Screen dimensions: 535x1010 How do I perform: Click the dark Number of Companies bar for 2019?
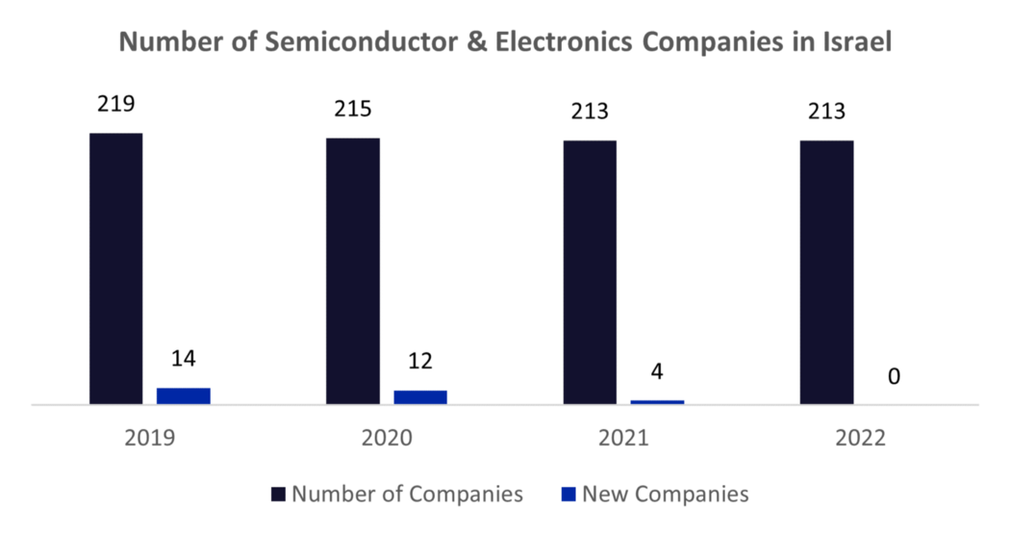coord(115,268)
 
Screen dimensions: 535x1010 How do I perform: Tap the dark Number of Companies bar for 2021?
coord(590,272)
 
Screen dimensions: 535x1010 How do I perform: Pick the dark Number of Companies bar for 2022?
coord(826,272)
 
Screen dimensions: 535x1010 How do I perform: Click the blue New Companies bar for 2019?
coord(183,395)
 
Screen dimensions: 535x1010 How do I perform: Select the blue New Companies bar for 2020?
coord(420,397)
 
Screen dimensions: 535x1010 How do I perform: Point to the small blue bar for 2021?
coord(657,401)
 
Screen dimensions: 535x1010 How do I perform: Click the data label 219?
coord(115,104)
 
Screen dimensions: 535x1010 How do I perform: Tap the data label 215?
coord(352,110)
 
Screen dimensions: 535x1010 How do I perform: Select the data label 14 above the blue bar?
coord(183,359)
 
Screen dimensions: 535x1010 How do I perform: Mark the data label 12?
coord(420,362)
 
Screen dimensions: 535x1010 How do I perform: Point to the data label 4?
coord(657,370)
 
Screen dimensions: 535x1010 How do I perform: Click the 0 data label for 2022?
coord(894,376)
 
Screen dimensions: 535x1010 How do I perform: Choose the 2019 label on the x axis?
coord(150,438)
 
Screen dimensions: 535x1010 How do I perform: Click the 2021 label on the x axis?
coord(623,438)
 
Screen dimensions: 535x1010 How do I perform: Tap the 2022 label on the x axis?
coord(860,438)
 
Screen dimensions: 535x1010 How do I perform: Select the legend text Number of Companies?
coord(407,495)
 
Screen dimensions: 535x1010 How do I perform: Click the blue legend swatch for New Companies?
coord(568,495)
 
